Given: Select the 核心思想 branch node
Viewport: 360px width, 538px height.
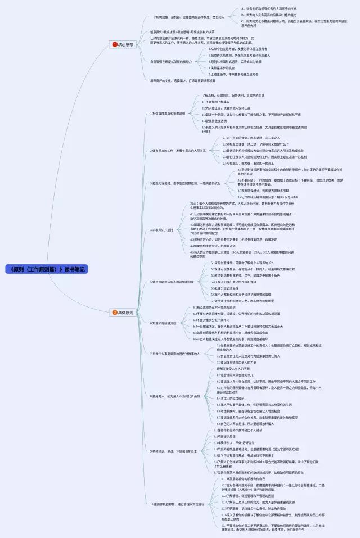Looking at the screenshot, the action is [125, 44].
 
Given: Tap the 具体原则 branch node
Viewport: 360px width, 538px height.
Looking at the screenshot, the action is [125, 312].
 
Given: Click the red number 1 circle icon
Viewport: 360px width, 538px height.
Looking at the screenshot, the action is [115, 44].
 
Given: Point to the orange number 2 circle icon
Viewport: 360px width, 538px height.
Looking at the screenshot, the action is [115, 312].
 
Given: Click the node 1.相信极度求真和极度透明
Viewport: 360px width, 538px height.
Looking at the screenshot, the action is [169, 113].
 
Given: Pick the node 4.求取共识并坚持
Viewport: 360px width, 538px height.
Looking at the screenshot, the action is [166, 230].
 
